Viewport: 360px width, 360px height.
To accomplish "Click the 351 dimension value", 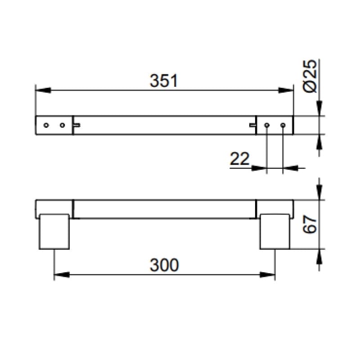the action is click(x=164, y=81).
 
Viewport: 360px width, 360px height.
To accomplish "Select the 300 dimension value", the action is click(x=164, y=265).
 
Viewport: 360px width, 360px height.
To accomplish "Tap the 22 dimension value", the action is click(x=239, y=159).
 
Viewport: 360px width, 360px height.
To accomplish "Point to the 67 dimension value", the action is click(x=310, y=224).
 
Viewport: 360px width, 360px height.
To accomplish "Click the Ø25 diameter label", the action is click(x=310, y=76).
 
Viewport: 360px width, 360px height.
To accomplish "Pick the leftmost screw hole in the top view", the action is click(x=46, y=125).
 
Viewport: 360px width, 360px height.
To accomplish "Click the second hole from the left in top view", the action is click(x=62, y=125).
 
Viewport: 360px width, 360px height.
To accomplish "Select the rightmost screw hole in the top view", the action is click(x=283, y=125).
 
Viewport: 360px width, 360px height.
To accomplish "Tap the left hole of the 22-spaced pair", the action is click(x=266, y=125).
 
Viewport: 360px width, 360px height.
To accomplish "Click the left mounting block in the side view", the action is click(x=54, y=232).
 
